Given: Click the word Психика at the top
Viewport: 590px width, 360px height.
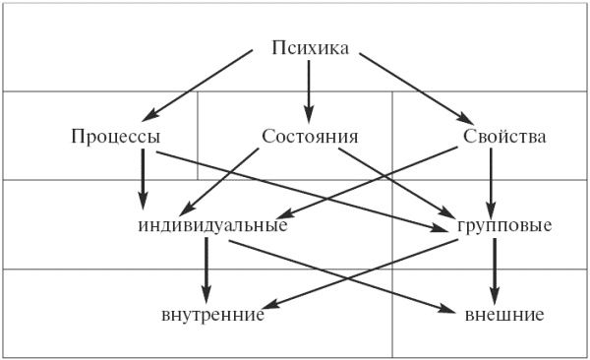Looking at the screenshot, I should pyautogui.click(x=309, y=47).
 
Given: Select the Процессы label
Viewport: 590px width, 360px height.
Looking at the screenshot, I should pyautogui.click(x=115, y=136).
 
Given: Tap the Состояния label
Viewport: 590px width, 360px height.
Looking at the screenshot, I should pyautogui.click(x=309, y=136).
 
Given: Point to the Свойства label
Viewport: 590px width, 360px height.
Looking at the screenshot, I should pyautogui.click(x=503, y=136).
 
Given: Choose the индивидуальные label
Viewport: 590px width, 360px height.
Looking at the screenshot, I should pyautogui.click(x=213, y=225).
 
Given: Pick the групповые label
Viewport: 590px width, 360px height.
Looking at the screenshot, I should pyautogui.click(x=504, y=225).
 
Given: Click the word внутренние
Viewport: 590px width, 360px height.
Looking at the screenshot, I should pyautogui.click(x=212, y=315).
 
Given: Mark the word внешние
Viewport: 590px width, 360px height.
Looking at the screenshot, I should pyautogui.click(x=504, y=315).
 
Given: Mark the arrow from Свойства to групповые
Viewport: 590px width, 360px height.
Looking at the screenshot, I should pyautogui.click(x=492, y=181).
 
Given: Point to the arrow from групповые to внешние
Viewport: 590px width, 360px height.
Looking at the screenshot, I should pyautogui.click(x=495, y=270).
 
